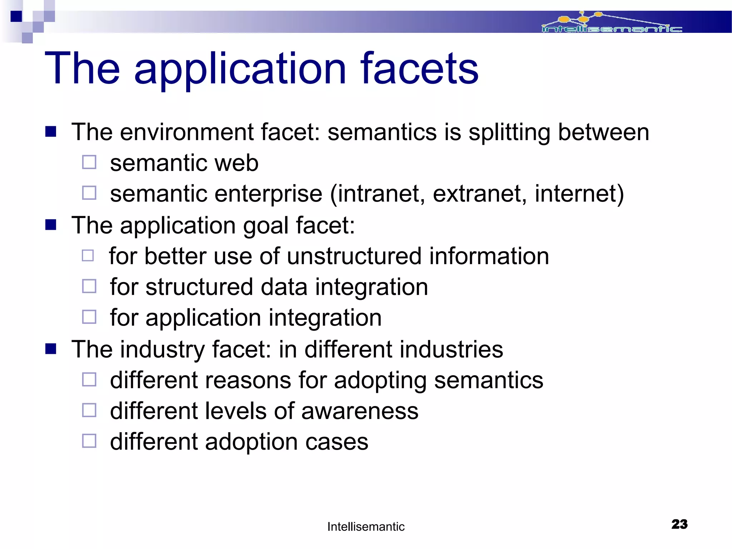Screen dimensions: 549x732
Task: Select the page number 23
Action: (x=679, y=524)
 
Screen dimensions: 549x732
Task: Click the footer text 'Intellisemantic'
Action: (x=366, y=526)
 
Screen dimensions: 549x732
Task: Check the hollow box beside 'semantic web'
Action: (x=89, y=162)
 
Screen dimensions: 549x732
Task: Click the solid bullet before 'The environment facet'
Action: (x=51, y=132)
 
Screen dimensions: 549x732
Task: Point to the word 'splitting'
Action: (x=509, y=133)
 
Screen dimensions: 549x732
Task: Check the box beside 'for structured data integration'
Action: (x=89, y=286)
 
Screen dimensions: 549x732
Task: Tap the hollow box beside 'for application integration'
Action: (x=89, y=317)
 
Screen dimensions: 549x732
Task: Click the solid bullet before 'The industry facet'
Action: (x=51, y=349)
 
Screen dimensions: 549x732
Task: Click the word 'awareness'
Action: (x=360, y=411)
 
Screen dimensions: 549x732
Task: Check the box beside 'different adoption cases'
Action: (x=89, y=441)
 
